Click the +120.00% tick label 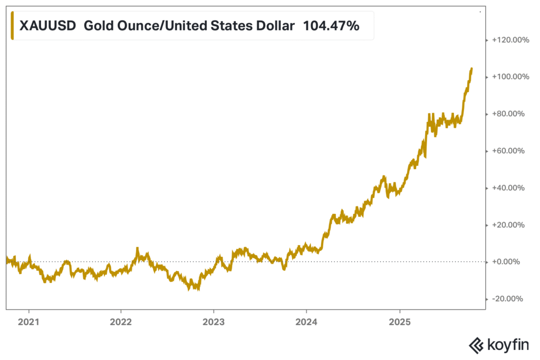[509, 40]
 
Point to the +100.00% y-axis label [509, 77]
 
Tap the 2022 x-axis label [121, 322]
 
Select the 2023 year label [214, 322]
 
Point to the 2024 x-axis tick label [306, 322]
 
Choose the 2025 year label [399, 322]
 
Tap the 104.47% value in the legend [331, 25]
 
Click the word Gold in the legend [99, 25]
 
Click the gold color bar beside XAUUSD [12, 25]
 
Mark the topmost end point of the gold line [471, 69]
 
